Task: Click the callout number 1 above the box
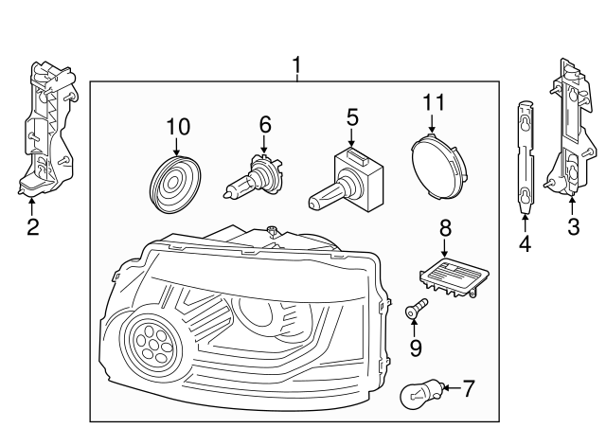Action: tap(296, 65)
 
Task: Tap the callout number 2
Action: tap(32, 226)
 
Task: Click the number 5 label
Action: tap(351, 117)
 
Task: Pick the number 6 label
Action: tap(265, 123)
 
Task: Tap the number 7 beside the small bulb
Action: tap(467, 387)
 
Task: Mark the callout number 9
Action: tap(415, 348)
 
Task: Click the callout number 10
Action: tap(178, 125)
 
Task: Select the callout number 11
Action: tap(432, 101)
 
